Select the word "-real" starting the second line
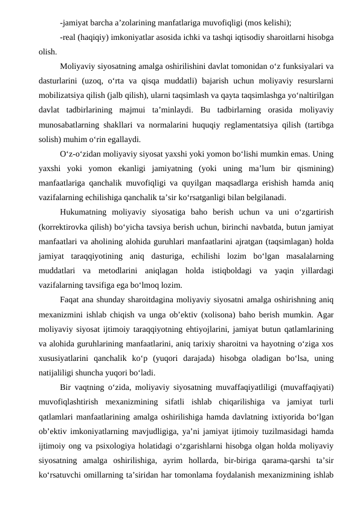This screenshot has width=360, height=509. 69,39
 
